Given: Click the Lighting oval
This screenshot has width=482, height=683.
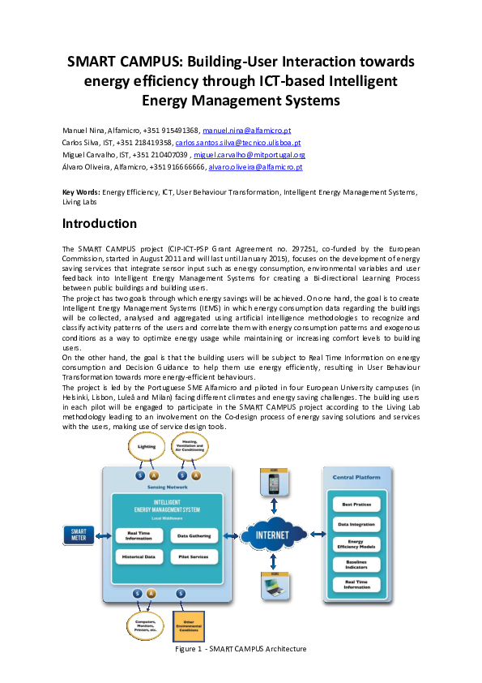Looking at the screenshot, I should pyautogui.click(x=147, y=447).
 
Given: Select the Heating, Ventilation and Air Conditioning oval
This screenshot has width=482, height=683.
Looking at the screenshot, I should pyautogui.click(x=190, y=447).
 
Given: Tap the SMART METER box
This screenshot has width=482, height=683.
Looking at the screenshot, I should pyautogui.click(x=79, y=535).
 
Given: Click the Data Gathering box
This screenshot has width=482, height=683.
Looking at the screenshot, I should pyautogui.click(x=194, y=536).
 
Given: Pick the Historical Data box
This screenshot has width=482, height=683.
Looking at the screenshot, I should pyautogui.click(x=139, y=557).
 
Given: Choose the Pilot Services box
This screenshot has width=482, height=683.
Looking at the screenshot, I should pyautogui.click(x=194, y=557).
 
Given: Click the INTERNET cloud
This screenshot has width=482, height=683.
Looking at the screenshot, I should pyautogui.click(x=272, y=535).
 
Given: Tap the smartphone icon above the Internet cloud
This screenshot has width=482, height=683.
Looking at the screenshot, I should pyautogui.click(x=274, y=483).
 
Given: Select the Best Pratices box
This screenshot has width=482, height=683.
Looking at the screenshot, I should pyautogui.click(x=356, y=505).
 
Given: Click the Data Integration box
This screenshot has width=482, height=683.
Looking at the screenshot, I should pyautogui.click(x=356, y=525).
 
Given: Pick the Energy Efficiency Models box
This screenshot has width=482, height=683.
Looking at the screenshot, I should pyautogui.click(x=356, y=544).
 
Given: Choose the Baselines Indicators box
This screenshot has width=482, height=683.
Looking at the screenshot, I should pyautogui.click(x=356, y=564).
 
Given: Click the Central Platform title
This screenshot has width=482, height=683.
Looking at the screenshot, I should pyautogui.click(x=356, y=477).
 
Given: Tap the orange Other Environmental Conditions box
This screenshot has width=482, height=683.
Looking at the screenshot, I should pyautogui.click(x=189, y=625).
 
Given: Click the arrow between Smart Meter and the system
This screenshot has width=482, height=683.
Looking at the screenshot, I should pyautogui.click(x=104, y=535).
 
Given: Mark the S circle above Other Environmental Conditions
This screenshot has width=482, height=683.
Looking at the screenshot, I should pyautogui.click(x=181, y=594).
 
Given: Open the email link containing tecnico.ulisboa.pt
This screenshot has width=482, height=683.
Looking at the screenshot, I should pyautogui.click(x=238, y=143).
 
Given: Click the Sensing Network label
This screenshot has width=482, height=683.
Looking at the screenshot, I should pyautogui.click(x=167, y=487).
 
